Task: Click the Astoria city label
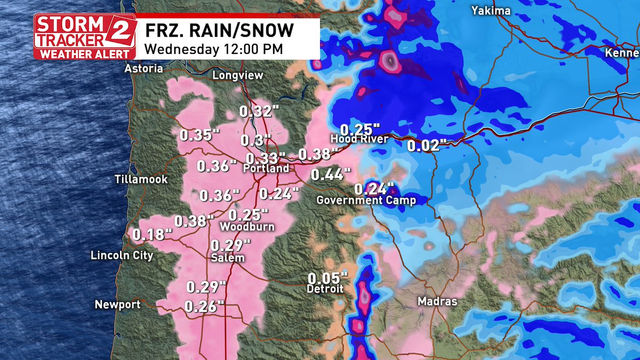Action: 143,68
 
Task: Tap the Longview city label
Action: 238,75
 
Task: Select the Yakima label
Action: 491,11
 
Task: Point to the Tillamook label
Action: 141,179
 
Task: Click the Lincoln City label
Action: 122,255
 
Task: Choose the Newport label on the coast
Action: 118,305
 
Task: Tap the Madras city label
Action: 437,301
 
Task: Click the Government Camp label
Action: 366,201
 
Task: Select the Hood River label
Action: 359,139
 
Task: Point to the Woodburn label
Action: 247,227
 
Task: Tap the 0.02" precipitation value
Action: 426,145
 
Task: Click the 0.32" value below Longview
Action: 259,112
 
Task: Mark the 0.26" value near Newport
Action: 204,306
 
